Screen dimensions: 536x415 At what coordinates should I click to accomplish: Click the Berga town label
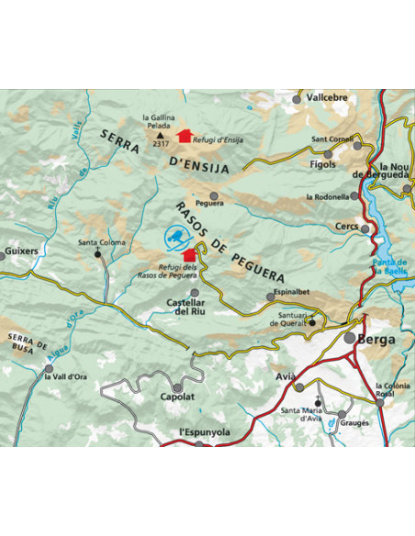coord(377,339)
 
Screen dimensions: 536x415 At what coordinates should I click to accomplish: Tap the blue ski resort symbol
coord(174,239)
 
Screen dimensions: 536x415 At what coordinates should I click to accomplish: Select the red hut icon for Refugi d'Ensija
coord(185,136)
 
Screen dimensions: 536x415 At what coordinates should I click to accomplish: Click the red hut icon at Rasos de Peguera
coord(190,254)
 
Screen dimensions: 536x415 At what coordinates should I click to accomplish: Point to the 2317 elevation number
coord(162,144)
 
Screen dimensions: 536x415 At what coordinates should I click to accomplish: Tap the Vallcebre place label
coord(326,96)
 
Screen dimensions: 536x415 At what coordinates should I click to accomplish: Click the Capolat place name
coord(176,397)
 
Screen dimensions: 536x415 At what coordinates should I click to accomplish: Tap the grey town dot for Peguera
coord(214,195)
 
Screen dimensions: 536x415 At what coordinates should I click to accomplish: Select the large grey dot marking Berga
coord(350,339)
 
